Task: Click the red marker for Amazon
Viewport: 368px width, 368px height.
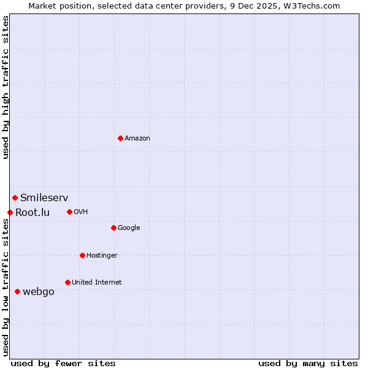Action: click(120, 138)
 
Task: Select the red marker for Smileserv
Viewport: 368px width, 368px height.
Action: click(15, 197)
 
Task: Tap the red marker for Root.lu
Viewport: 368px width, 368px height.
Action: click(10, 212)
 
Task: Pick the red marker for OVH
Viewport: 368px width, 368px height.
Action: click(69, 212)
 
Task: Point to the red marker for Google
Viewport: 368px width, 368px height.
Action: click(113, 228)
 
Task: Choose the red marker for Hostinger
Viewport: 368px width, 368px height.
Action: click(82, 255)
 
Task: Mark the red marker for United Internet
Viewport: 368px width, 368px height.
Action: click(67, 282)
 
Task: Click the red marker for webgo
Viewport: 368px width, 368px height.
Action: click(17, 291)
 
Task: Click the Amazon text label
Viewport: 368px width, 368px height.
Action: click(137, 139)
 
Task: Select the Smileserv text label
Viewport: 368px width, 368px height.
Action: click(44, 198)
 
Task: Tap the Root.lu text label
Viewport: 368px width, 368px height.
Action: click(33, 213)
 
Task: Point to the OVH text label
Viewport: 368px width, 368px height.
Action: click(81, 212)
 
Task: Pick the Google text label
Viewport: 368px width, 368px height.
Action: click(129, 228)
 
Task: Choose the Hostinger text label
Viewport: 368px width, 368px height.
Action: click(102, 256)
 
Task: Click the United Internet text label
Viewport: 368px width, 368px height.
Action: click(97, 283)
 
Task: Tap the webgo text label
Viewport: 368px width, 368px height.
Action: click(39, 292)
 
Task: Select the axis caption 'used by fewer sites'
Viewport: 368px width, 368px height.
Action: click(63, 363)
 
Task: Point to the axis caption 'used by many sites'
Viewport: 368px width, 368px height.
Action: click(308, 363)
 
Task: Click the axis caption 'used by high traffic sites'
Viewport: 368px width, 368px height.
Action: click(6, 87)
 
